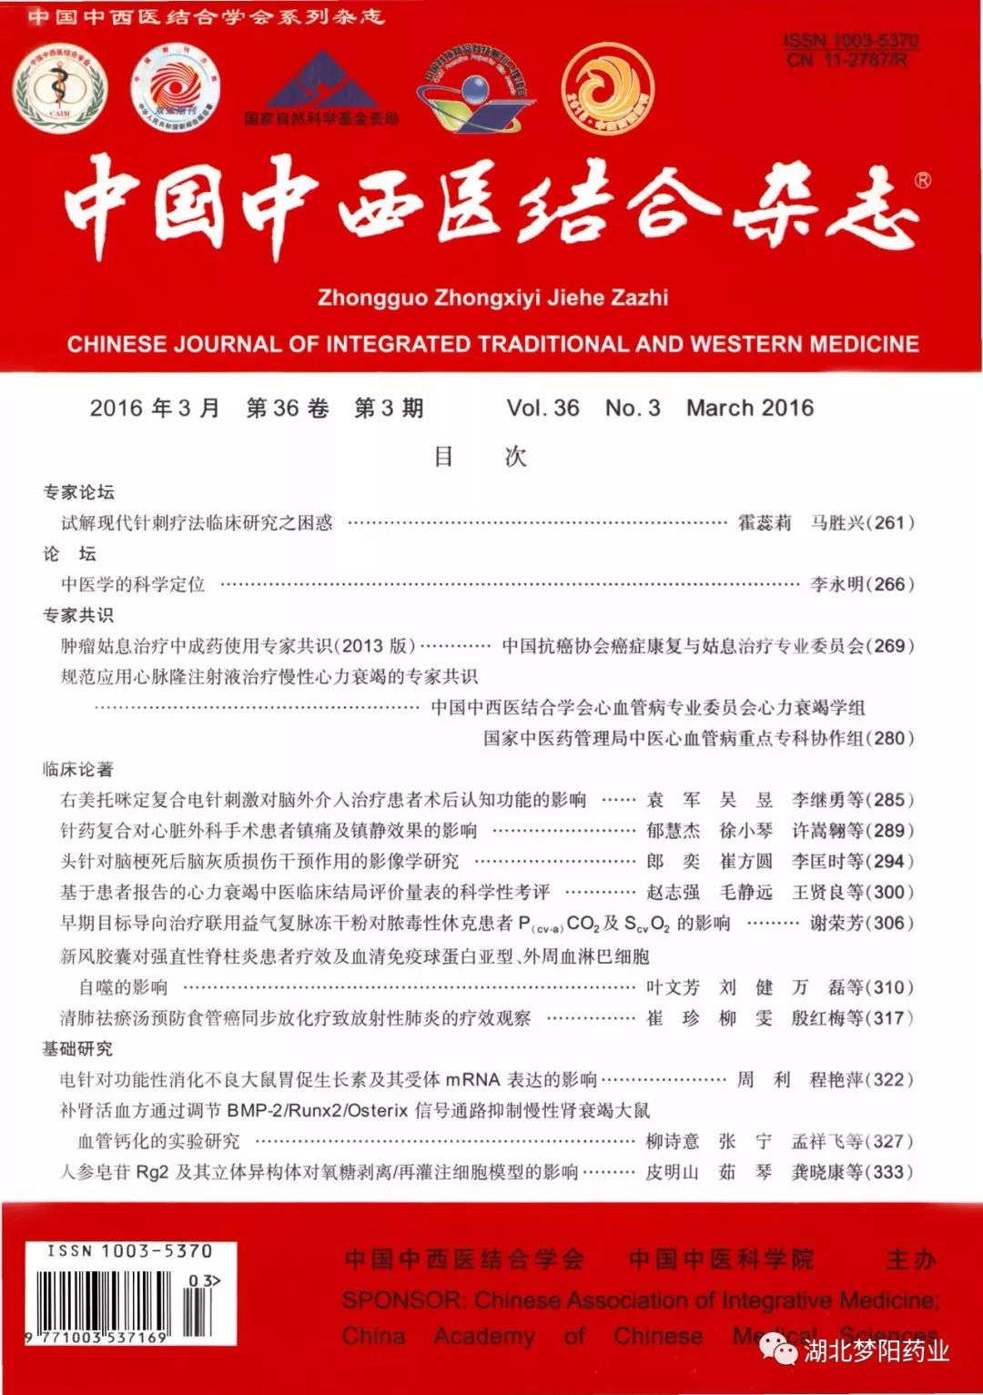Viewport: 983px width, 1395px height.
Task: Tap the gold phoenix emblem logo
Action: (x=607, y=89)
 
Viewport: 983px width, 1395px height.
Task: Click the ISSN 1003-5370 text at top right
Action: (x=850, y=41)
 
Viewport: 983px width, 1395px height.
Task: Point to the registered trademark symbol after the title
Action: (x=922, y=181)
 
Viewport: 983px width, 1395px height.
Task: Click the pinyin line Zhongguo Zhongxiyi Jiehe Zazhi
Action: (x=492, y=298)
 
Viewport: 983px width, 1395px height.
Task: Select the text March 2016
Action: (x=749, y=408)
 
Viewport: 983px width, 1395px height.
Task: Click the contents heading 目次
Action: (x=480, y=456)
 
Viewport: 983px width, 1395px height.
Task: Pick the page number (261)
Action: (x=888, y=522)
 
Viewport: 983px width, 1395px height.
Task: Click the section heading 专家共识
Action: (x=78, y=615)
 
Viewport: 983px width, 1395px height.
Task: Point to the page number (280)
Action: (x=888, y=738)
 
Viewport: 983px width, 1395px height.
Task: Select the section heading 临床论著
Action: (x=78, y=769)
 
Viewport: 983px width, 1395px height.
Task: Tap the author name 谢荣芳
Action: (x=836, y=923)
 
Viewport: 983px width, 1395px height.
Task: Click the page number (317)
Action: (x=888, y=1017)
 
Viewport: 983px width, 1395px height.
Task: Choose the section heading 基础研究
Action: (x=78, y=1048)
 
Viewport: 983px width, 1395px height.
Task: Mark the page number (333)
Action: (x=888, y=1172)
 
